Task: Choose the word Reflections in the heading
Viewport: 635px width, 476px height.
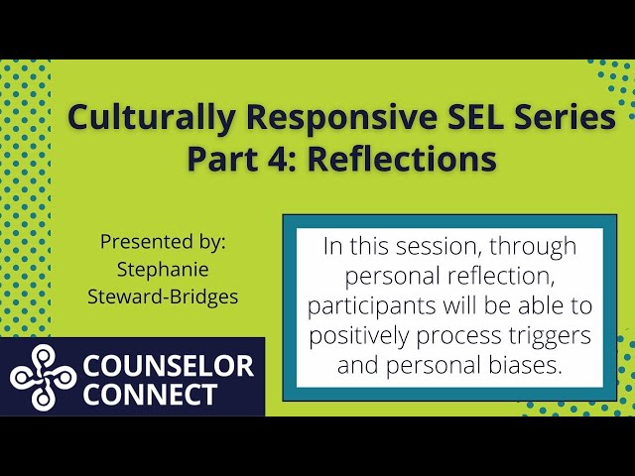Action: [x=402, y=158]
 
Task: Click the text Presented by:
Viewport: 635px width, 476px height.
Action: [x=163, y=242]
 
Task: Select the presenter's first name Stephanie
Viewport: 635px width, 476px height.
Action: [x=163, y=270]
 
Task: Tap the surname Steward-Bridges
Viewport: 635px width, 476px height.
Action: [x=163, y=297]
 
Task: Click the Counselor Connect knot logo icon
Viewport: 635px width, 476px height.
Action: [x=43, y=377]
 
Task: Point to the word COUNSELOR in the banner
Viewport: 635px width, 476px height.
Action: [x=168, y=365]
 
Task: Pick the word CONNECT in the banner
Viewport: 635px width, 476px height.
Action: [x=150, y=394]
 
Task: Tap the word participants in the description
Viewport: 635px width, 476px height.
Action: [x=371, y=306]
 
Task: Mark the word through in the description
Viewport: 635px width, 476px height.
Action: [x=533, y=247]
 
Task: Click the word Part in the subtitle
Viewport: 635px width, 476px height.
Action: [x=222, y=158]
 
